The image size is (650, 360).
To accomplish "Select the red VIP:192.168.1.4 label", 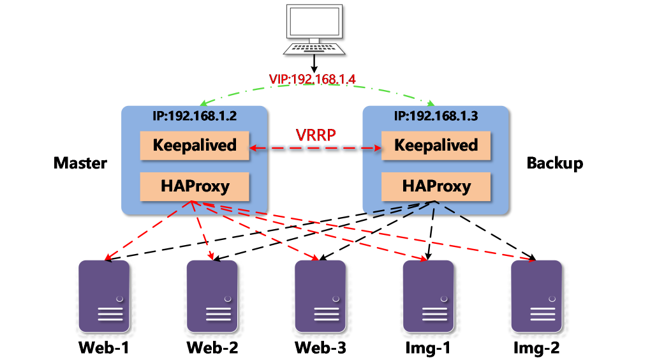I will click(x=312, y=79).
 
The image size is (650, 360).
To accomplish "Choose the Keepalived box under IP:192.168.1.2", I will click(x=195, y=145).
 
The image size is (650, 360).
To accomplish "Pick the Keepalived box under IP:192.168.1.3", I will click(x=436, y=145).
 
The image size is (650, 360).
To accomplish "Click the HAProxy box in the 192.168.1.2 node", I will click(x=195, y=186).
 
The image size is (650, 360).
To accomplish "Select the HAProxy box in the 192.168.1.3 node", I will click(x=436, y=186).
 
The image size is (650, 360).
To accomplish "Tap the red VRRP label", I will click(x=315, y=135).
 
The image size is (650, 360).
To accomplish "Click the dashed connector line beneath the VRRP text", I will click(x=315, y=147).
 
